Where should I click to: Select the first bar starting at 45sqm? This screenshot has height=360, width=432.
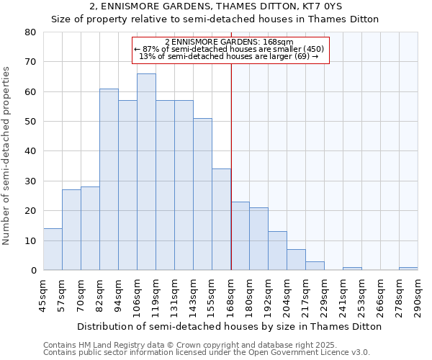pyautogui.click(x=53, y=249)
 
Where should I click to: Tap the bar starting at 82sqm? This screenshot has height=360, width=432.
pyautogui.click(x=109, y=179)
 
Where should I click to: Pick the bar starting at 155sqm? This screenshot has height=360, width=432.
pyautogui.click(x=221, y=220)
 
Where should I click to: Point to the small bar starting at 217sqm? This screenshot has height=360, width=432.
pyautogui.click(x=315, y=266)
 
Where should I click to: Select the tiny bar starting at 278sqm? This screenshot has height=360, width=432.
pyautogui.click(x=408, y=269)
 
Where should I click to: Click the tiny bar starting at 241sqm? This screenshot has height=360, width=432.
pyautogui.click(x=352, y=269)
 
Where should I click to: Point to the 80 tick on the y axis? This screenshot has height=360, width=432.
pyautogui.click(x=30, y=32)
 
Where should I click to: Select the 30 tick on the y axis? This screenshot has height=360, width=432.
pyautogui.click(x=30, y=181)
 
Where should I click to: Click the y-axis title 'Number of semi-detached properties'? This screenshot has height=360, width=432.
pyautogui.click(x=6, y=155)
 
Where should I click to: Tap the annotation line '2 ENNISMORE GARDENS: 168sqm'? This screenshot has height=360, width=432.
pyautogui.click(x=229, y=42)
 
